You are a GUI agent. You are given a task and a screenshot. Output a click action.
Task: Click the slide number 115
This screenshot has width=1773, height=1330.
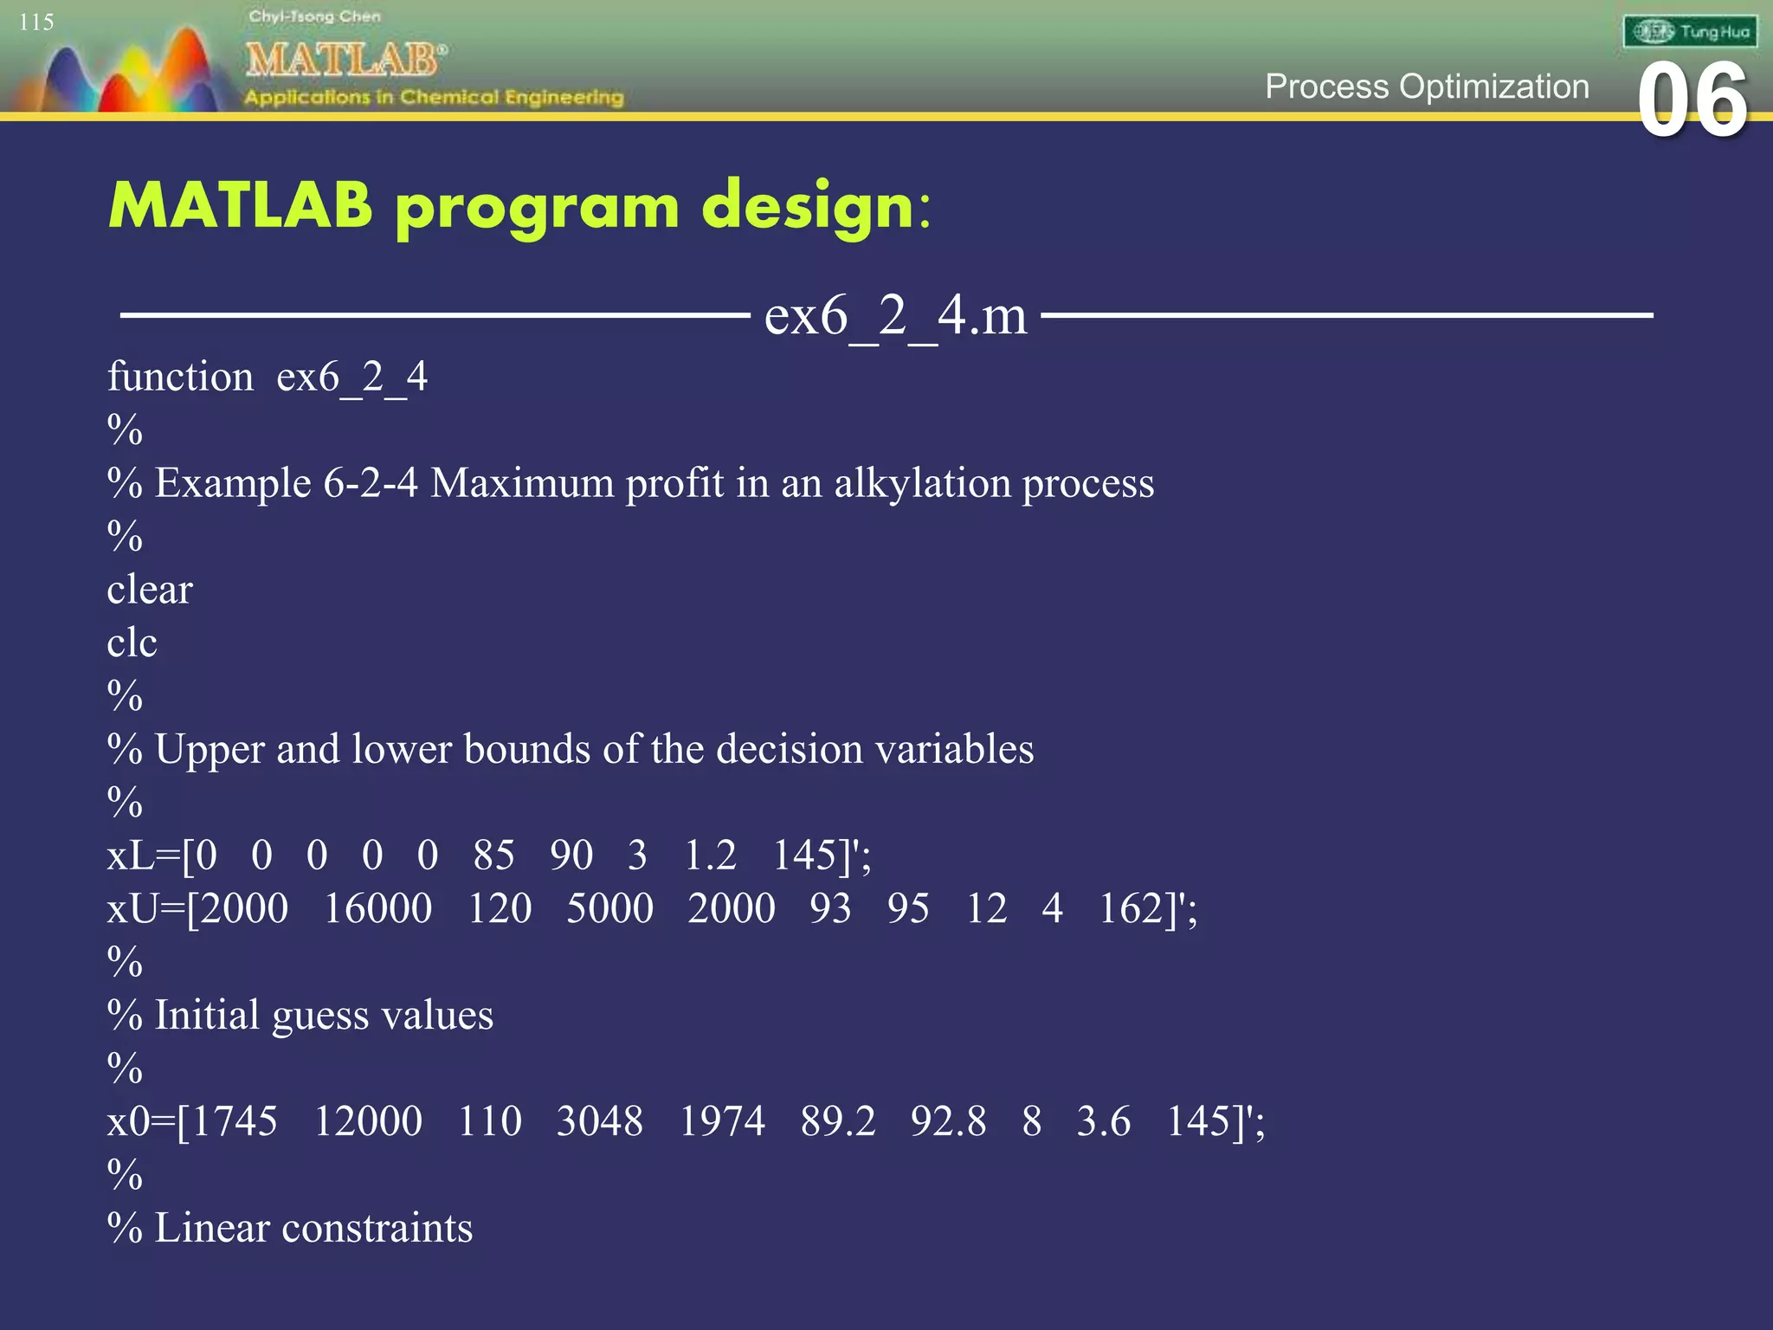coord(36,22)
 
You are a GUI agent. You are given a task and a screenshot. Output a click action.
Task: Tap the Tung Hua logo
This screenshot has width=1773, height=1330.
coord(1690,32)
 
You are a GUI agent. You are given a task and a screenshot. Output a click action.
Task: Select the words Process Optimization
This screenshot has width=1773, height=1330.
coord(1427,87)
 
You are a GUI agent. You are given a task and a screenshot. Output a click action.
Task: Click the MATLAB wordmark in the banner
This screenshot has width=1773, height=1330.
coord(345,60)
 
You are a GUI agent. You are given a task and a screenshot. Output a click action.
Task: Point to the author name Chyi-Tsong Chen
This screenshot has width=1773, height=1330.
coord(314,16)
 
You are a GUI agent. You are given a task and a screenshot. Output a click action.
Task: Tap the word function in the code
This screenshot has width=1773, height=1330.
coord(180,377)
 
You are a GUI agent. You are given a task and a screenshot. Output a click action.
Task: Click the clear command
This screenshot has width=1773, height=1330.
coord(150,590)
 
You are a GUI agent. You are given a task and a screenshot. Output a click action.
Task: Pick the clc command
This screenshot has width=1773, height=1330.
coord(132,642)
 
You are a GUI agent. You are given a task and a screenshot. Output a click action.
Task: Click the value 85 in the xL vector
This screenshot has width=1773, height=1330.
coord(493,855)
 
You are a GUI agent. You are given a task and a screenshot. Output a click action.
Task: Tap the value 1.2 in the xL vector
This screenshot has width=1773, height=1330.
coord(710,855)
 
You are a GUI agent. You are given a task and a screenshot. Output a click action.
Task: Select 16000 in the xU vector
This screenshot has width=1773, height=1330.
coord(377,908)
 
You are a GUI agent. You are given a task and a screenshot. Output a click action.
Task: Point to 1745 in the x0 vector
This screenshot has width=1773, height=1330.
coord(234,1121)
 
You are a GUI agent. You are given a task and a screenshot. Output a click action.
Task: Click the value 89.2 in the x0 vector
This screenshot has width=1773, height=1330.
coord(838,1121)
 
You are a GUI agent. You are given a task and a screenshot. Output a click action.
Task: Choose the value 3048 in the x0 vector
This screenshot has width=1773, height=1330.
coord(599,1121)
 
